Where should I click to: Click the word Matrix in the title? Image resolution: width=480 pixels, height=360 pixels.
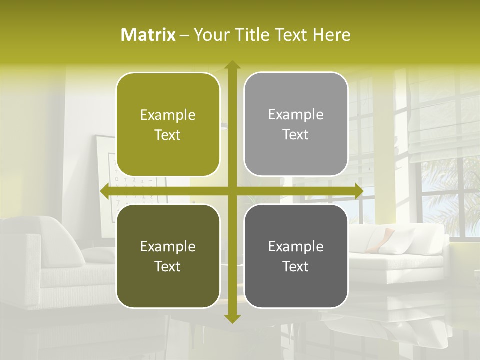tap(148, 35)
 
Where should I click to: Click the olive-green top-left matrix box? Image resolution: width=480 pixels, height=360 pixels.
tap(168, 125)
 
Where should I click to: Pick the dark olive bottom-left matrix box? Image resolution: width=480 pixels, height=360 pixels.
tap(168, 256)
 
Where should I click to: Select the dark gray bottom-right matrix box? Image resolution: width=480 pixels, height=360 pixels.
tap(296, 256)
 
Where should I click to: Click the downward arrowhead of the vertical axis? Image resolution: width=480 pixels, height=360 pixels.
tap(232, 318)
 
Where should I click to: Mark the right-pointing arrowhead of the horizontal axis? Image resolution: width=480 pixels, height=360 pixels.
tap(358, 191)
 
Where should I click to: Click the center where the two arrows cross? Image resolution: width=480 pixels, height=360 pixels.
tap(232, 191)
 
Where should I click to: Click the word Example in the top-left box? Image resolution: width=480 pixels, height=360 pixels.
tap(168, 115)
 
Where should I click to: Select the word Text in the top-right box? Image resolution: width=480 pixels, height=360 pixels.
tap(296, 135)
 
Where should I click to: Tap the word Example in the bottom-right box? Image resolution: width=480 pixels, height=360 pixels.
tap(296, 246)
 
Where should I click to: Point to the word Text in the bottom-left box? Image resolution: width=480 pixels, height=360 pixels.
tap(168, 266)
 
